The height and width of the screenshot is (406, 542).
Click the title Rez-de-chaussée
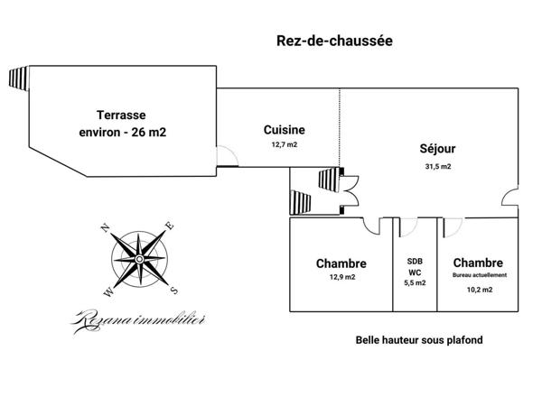[333, 42]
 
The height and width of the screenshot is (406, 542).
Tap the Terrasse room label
[122, 115]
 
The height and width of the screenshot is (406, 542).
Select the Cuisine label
[285, 129]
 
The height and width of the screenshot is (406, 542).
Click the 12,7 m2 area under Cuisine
[285, 144]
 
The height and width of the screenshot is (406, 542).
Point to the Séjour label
[437, 149]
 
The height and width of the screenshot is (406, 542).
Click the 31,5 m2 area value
[437, 166]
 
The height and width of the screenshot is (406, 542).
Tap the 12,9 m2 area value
[341, 278]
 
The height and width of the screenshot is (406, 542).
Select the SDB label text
[416, 259]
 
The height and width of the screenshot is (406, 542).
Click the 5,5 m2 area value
[416, 282]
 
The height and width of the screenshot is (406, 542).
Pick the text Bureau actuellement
[479, 274]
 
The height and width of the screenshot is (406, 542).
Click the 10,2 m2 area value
[479, 290]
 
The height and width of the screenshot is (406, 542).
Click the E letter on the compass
[169, 226]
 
